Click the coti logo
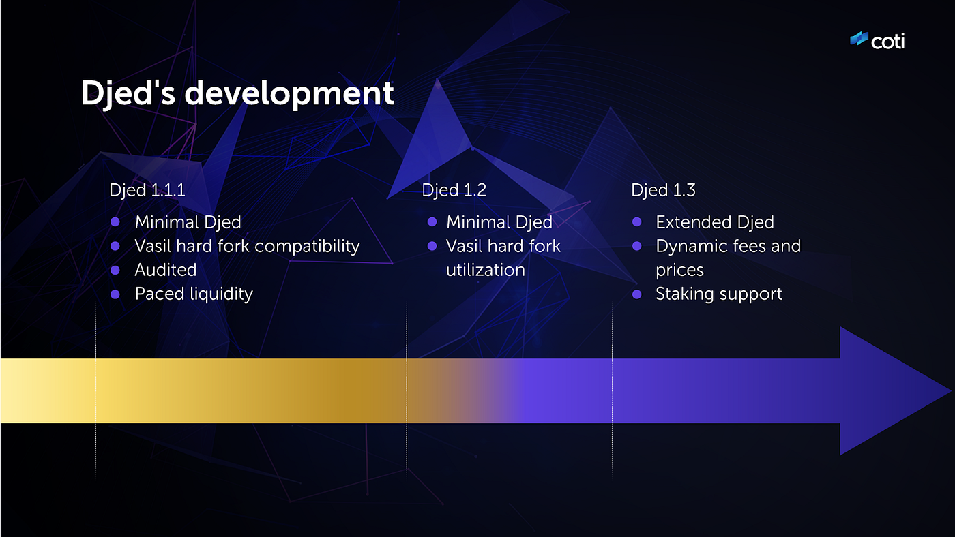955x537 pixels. click(x=877, y=41)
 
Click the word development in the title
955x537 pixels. click(x=289, y=93)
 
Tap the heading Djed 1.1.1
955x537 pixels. click(x=147, y=190)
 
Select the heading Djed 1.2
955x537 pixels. click(x=454, y=190)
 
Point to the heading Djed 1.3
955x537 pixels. click(x=663, y=190)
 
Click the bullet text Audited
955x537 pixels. click(x=166, y=270)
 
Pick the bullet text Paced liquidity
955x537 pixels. click(x=194, y=294)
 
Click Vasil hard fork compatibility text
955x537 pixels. click(x=247, y=246)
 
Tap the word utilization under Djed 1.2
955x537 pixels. click(x=485, y=270)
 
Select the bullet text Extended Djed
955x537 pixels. click(x=714, y=222)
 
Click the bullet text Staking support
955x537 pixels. click(x=718, y=294)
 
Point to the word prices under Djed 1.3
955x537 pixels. click(x=679, y=270)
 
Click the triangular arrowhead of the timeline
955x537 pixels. click(x=887, y=391)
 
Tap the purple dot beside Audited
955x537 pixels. click(x=115, y=271)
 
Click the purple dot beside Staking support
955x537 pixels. click(x=637, y=294)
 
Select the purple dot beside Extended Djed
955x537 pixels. click(x=637, y=222)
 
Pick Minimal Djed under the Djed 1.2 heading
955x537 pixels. click(x=499, y=222)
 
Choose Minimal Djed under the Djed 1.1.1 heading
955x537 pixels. click(x=188, y=222)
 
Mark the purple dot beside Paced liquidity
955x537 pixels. click(x=115, y=294)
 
